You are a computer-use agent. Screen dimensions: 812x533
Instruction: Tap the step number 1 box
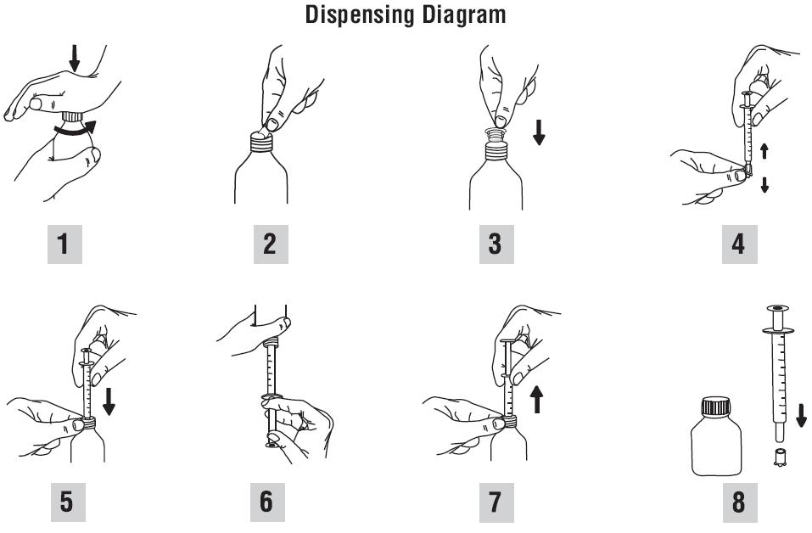(64, 244)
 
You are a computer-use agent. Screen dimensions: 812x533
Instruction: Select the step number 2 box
(271, 244)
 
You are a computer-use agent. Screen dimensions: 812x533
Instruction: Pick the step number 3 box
(496, 244)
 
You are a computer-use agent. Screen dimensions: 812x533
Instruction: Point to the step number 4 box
(740, 244)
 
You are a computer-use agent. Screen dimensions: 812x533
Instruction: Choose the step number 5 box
(68, 502)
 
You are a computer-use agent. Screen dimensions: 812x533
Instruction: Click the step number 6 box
(267, 502)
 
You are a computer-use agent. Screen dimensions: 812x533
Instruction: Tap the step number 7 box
(496, 502)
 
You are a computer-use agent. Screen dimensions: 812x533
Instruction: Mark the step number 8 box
(740, 502)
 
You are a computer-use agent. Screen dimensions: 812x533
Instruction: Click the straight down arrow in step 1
(75, 58)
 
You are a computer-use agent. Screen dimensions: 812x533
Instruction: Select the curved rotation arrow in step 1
(75, 130)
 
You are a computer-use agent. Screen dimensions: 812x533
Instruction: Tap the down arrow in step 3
(539, 132)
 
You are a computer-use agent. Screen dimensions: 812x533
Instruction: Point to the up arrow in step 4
(764, 151)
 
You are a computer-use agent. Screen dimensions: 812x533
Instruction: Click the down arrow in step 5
(109, 402)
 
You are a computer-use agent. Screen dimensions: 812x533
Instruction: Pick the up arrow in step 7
(537, 400)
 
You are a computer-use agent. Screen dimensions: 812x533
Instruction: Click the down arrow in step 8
(801, 415)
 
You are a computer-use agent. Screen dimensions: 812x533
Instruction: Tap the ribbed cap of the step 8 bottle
(715, 406)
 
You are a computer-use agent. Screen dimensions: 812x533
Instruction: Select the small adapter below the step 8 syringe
(778, 457)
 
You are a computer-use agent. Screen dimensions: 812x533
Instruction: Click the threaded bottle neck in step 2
(261, 142)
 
